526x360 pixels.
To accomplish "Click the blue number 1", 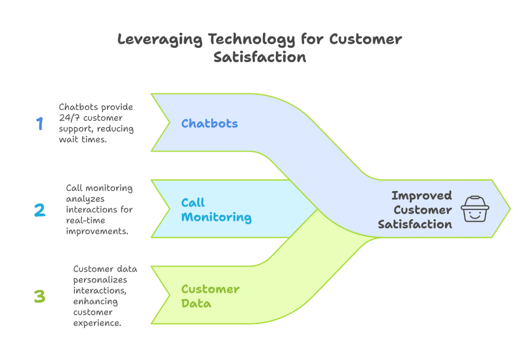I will tap(40, 124).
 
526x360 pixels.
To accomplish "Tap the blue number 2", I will tap(40, 210).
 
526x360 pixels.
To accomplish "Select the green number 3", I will tap(40, 296).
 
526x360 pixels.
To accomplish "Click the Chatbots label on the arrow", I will tap(210, 123).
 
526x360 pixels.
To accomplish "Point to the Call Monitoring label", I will tap(216, 210).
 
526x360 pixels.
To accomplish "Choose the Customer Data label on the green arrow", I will tap(210, 296).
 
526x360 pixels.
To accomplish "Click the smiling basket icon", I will tap(474, 209).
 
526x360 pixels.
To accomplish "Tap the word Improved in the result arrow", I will tap(421, 195).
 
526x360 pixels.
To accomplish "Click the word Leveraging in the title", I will tap(160, 40).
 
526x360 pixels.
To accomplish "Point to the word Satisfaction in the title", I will tap(260, 57).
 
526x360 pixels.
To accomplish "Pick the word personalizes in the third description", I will tap(100, 280).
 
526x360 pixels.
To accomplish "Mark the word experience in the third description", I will tap(97, 323).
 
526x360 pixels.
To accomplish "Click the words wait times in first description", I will tap(83, 140).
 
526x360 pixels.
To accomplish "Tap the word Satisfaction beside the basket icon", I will tap(415, 224).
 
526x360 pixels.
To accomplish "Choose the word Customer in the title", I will tap(365, 40).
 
